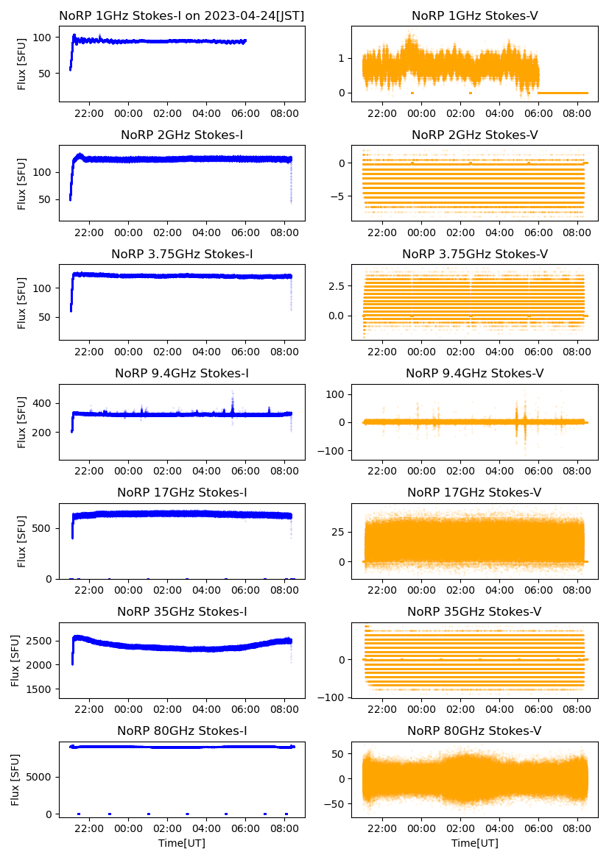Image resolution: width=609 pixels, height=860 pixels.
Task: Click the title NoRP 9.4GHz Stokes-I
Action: tap(182, 374)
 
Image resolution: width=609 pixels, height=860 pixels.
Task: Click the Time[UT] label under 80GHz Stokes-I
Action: tap(182, 843)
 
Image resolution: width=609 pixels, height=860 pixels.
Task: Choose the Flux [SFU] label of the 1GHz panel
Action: tap(22, 63)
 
